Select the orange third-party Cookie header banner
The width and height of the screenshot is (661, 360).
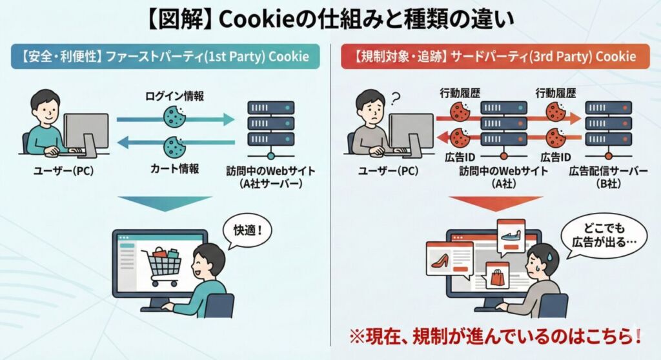(x=495, y=56)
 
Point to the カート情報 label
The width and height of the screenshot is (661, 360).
(x=173, y=168)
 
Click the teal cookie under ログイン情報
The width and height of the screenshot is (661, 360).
(x=173, y=116)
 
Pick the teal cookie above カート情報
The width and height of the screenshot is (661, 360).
(x=173, y=145)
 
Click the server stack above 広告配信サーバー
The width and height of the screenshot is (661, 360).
(x=607, y=126)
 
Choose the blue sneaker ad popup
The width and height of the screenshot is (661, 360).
(x=510, y=235)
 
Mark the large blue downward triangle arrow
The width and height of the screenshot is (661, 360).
(x=165, y=205)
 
